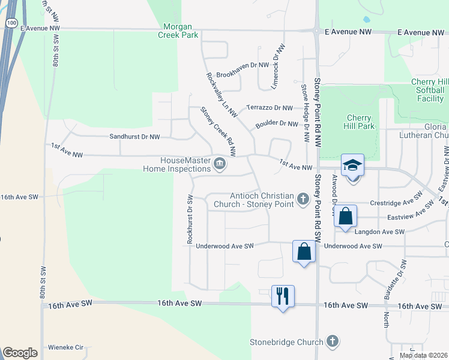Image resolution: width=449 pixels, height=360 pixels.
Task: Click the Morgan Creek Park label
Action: tap(181, 31)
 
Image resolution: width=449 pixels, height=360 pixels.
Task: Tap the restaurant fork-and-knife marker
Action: tap(283, 296)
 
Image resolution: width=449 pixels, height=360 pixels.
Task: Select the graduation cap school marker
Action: tap(352, 165)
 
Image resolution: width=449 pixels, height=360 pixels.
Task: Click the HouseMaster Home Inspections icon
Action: tap(220, 163)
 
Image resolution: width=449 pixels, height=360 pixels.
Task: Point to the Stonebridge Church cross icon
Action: tap(331, 342)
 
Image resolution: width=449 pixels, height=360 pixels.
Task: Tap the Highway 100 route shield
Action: tap(11, 22)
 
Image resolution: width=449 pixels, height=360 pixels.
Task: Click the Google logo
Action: tap(20, 353)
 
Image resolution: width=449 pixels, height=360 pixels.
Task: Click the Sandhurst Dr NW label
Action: tap(134, 137)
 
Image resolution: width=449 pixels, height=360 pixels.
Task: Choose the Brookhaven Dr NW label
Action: tap(243, 74)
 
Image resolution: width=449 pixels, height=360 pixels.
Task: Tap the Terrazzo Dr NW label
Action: tap(270, 108)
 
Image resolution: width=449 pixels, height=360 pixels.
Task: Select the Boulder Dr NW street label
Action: tap(277, 124)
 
